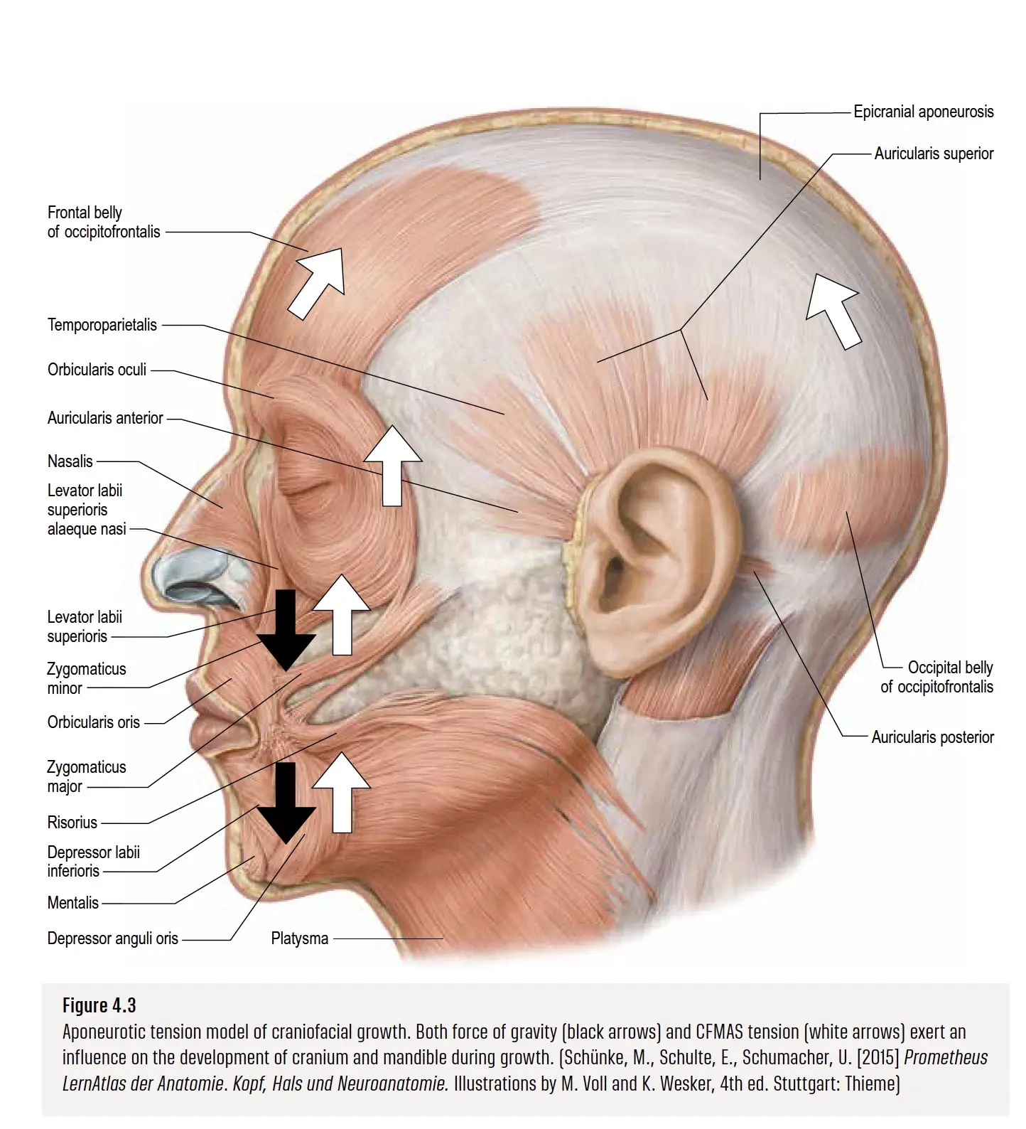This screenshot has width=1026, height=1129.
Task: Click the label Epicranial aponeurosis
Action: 923,112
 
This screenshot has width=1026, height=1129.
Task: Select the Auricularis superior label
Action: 934,154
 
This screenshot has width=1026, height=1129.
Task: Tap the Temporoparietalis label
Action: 102,325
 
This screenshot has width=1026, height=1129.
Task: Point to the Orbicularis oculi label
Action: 97,370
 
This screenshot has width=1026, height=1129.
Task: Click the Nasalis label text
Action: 70,461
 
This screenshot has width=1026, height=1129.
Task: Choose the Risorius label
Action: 72,823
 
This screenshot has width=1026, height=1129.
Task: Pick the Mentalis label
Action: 72,903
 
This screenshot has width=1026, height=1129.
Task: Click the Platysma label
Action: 300,938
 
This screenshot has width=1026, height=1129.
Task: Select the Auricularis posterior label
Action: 932,737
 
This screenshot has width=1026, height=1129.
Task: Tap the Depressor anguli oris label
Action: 112,938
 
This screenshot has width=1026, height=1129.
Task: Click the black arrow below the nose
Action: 286,629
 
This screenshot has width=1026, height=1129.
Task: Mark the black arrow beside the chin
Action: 286,803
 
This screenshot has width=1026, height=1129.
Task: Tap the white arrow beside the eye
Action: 392,466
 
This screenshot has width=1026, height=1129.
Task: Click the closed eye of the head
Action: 304,491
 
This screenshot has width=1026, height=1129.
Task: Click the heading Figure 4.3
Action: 99,1005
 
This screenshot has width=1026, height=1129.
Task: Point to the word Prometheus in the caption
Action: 945,1057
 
